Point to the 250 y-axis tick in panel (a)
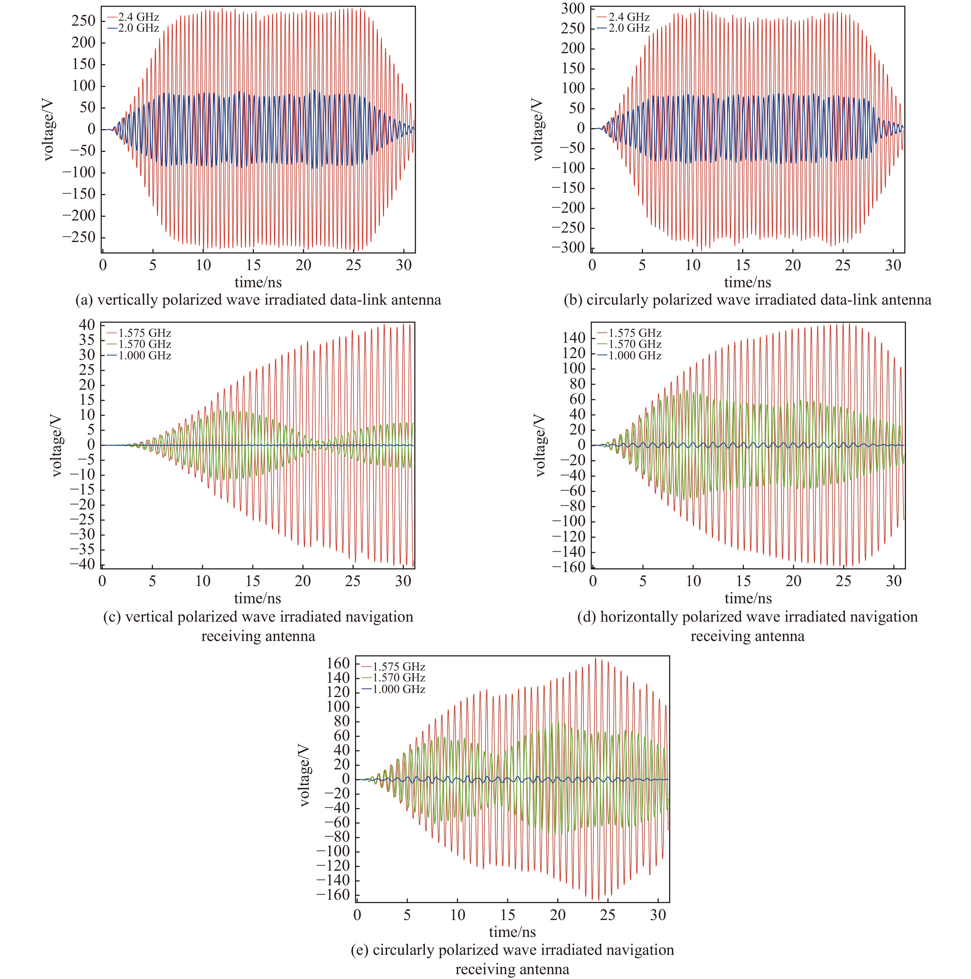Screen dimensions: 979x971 pos(84,21)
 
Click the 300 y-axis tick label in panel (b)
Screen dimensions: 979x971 pos(573,9)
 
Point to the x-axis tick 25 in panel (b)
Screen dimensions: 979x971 pos(843,265)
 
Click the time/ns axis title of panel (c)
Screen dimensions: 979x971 pos(257,598)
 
